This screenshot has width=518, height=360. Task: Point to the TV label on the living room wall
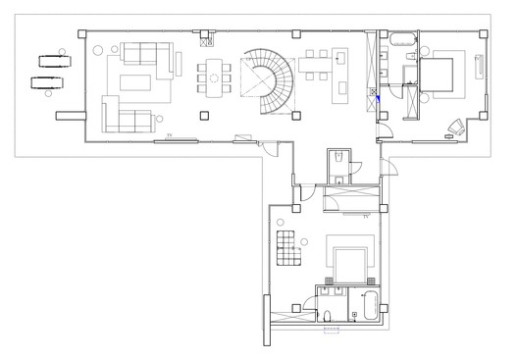click(169, 132)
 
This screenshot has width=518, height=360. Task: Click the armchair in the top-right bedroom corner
click(455, 126)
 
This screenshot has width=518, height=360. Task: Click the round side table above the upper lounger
click(62, 47)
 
